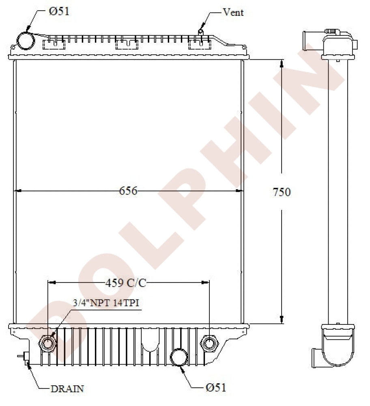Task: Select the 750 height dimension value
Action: point(282,192)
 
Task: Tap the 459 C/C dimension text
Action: point(125,283)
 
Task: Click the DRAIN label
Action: point(67,389)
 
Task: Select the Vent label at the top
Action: point(233,12)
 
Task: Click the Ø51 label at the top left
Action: point(59,11)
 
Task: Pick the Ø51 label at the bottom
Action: point(215,387)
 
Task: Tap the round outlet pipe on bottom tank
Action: point(179,356)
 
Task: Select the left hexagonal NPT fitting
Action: point(47,343)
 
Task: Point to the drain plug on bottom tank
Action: point(25,357)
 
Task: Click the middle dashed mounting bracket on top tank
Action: point(127,44)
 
